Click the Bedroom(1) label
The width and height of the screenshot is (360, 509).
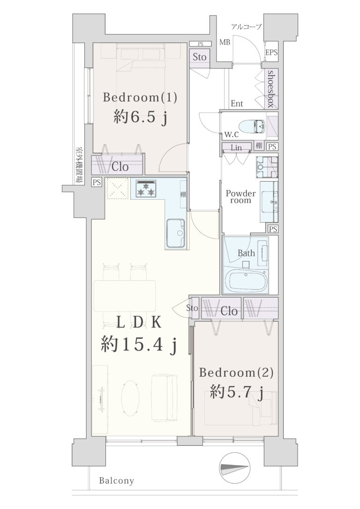[x=140, y=97]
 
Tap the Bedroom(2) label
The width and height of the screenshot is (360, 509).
[x=236, y=372]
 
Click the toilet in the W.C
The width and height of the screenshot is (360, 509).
[x=252, y=126]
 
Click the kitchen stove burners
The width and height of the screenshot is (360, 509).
[x=145, y=188]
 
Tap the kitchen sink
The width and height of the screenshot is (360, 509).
[x=176, y=233]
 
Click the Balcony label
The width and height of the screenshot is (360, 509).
[x=117, y=480]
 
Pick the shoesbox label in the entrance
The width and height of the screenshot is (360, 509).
[x=271, y=89]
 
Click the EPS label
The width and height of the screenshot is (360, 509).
[x=271, y=52]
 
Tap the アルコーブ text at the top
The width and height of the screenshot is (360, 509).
[x=247, y=27]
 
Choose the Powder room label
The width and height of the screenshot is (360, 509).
[x=240, y=197]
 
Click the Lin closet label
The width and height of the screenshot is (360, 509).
[x=236, y=148]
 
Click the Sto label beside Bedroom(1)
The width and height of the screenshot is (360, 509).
[x=199, y=57]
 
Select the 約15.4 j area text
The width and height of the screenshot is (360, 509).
[x=139, y=345]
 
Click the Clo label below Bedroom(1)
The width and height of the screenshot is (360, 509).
[x=120, y=167]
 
